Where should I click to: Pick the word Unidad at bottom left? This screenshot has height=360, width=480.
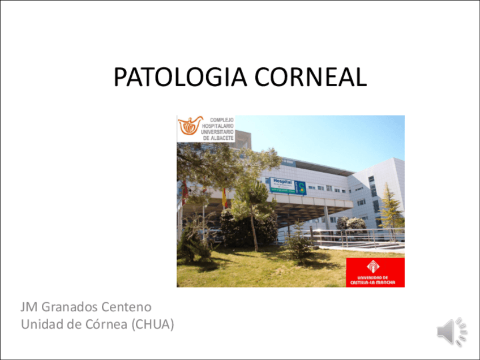[x=40, y=324]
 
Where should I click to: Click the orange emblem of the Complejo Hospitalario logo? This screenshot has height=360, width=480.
[x=191, y=126]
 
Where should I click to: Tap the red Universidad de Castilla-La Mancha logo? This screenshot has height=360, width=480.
[x=375, y=272]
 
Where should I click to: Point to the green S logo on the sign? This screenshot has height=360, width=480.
[x=301, y=187]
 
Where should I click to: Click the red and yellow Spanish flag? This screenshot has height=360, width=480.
[x=224, y=198]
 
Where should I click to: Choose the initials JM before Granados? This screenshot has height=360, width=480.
[x=28, y=307]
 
